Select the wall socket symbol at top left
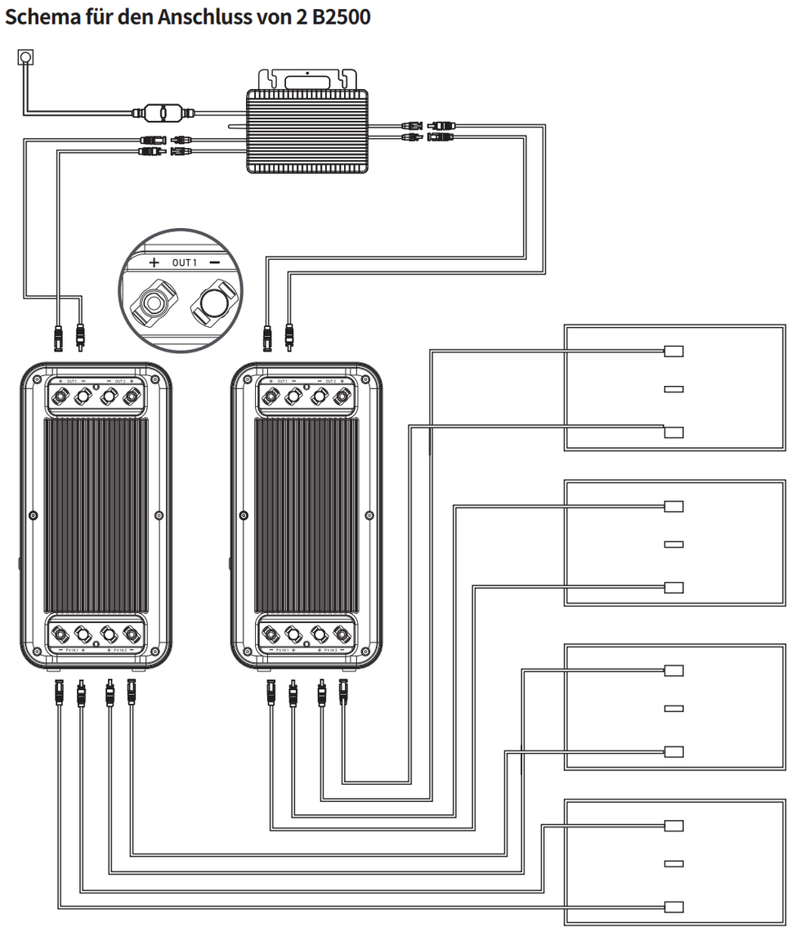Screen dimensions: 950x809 (25, 58)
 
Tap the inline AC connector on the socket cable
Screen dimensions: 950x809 (162, 111)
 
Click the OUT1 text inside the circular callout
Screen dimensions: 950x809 (185, 262)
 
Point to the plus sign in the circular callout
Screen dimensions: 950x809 (154, 262)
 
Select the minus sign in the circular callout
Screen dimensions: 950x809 (214, 262)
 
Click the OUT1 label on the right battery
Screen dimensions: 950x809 (283, 382)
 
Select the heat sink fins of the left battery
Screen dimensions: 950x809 (96, 515)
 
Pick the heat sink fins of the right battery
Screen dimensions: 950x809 (306, 515)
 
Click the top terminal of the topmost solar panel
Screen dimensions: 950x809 (674, 352)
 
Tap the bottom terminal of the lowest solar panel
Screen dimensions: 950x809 (674, 906)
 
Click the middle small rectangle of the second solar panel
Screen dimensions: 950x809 (674, 544)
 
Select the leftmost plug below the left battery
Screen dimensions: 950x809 (58, 693)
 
